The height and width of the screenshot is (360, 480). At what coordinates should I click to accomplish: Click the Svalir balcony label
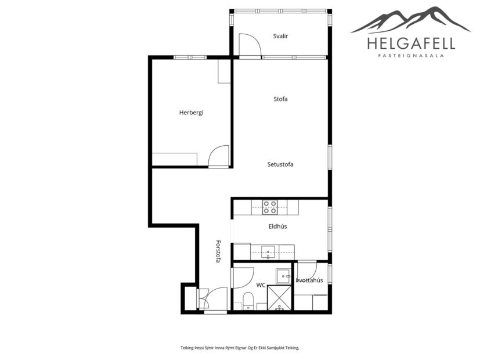pyautogui.click(x=281, y=36)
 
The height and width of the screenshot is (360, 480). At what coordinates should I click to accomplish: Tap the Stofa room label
pyautogui.click(x=281, y=99)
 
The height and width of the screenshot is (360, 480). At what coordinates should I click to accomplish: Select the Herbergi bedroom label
pyautogui.click(x=191, y=113)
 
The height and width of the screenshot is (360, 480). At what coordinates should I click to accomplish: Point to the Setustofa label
pyautogui.click(x=280, y=164)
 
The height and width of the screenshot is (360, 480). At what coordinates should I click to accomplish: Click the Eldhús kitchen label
pyautogui.click(x=278, y=226)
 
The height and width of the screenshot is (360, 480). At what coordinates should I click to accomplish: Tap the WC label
pyautogui.click(x=261, y=285)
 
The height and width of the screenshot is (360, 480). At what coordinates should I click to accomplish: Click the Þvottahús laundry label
pyautogui.click(x=309, y=280)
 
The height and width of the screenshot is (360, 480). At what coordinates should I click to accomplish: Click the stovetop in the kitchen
pyautogui.click(x=269, y=207)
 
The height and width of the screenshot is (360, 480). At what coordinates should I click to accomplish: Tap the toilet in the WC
pyautogui.click(x=248, y=300)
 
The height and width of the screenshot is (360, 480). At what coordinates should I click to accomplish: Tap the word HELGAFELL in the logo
pyautogui.click(x=411, y=43)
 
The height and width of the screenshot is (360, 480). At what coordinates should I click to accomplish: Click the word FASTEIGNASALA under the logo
pyautogui.click(x=411, y=56)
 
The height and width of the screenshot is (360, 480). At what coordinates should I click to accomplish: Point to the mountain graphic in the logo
pyautogui.click(x=411, y=20)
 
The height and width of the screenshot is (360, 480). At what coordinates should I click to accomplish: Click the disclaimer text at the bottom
pyautogui.click(x=240, y=348)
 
